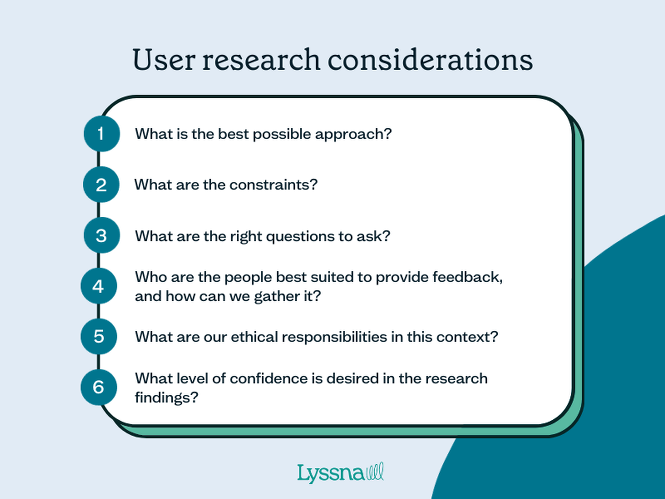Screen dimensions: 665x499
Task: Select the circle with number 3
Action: pos(102,235)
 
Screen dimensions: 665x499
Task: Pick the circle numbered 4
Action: pos(99,286)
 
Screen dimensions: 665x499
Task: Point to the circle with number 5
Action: pos(99,336)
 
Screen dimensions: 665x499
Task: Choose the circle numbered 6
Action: pos(99,387)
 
